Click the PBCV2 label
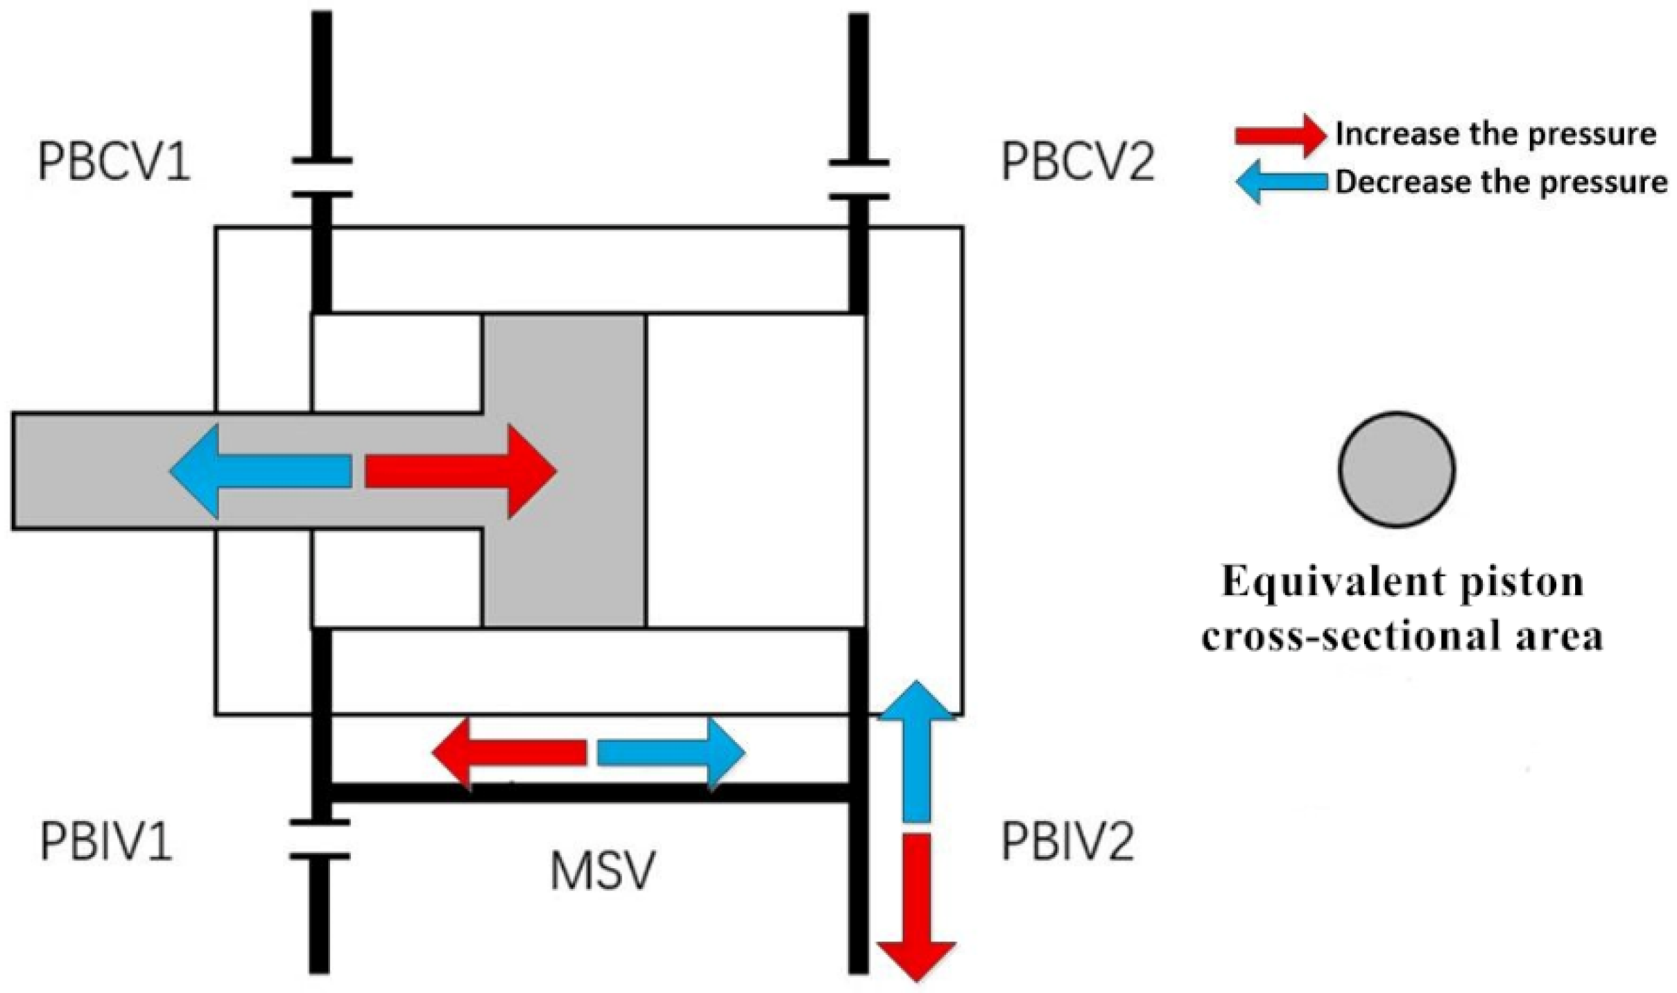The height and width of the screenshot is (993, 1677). coord(1077,162)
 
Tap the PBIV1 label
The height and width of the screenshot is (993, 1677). coord(105,842)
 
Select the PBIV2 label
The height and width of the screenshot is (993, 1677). coord(1067,842)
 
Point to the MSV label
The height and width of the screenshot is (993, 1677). coord(602,872)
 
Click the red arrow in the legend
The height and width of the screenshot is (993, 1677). coord(1279,135)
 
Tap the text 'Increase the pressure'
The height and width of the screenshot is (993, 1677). coord(1495,134)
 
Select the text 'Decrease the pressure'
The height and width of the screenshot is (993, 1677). coord(1501,182)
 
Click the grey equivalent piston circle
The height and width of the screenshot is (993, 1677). coord(1395,469)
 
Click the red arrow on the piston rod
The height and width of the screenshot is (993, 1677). coord(461,472)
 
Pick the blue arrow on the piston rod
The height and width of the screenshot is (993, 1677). coord(261,472)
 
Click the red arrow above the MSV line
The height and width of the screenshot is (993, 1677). coord(509,753)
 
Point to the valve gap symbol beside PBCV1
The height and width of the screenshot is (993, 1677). coord(321,178)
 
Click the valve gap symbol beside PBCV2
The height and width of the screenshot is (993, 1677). coord(859,180)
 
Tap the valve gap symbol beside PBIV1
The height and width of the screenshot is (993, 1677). coord(320,840)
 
